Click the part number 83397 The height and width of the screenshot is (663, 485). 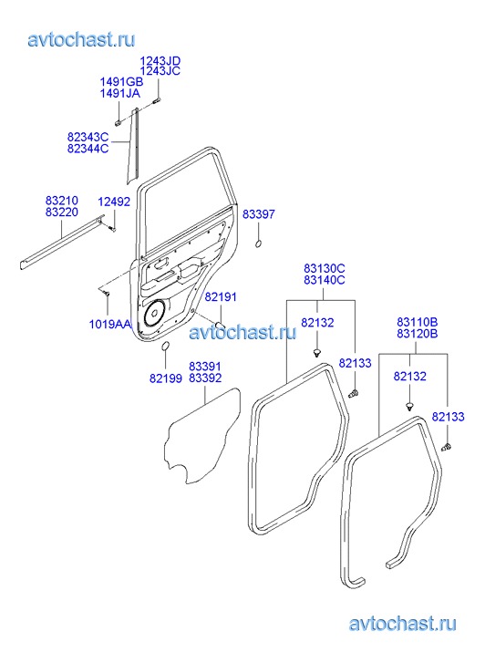pyautogui.click(x=258, y=214)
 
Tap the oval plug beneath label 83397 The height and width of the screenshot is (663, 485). pyautogui.click(x=258, y=244)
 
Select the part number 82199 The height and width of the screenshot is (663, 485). pyautogui.click(x=166, y=378)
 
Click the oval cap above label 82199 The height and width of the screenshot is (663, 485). pyautogui.click(x=165, y=346)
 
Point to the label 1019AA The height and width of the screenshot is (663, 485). pyautogui.click(x=110, y=325)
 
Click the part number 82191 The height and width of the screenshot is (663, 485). pyautogui.click(x=221, y=296)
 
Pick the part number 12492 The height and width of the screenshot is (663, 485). pyautogui.click(x=114, y=202)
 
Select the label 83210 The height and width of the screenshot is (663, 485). pyautogui.click(x=62, y=200)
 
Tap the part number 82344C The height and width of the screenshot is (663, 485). pyautogui.click(x=88, y=149)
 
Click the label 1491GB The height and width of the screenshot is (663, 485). pyautogui.click(x=121, y=81)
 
